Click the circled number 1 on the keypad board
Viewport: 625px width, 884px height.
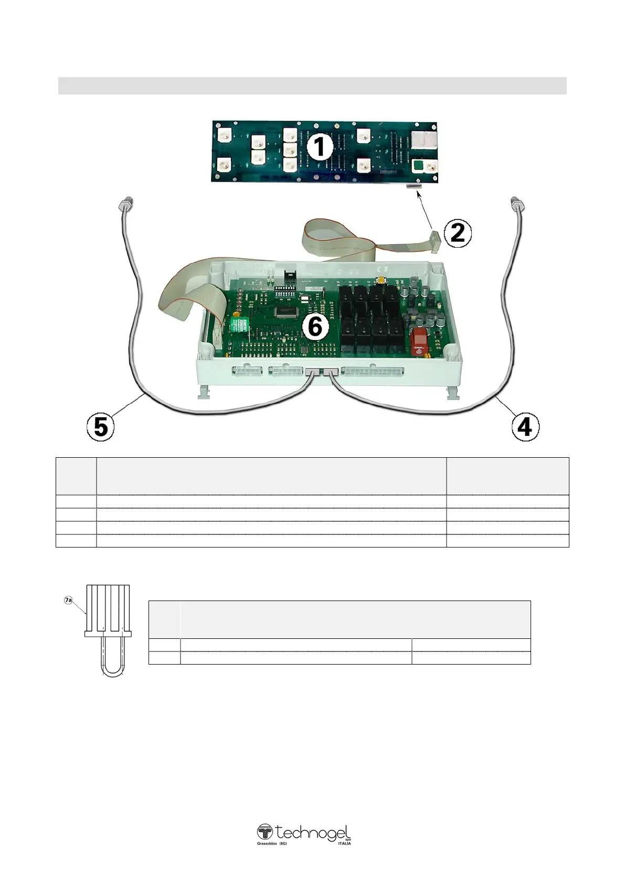pyautogui.click(x=319, y=148)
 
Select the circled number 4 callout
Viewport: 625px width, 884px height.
pyautogui.click(x=525, y=427)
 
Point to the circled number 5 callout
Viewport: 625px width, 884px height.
pyautogui.click(x=100, y=427)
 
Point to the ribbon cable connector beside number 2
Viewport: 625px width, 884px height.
pyautogui.click(x=435, y=237)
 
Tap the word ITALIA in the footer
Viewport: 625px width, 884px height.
pyautogui.click(x=345, y=843)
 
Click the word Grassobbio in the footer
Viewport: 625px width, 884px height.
pyautogui.click(x=267, y=843)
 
